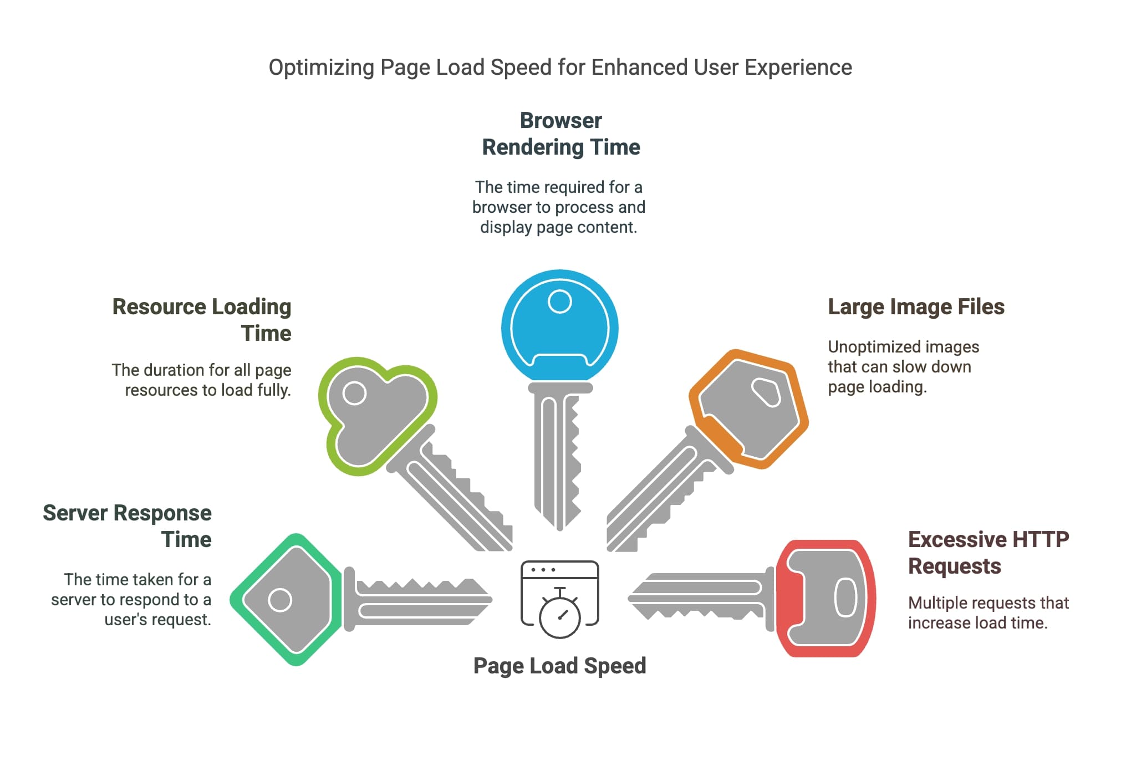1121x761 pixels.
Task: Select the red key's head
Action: point(826,598)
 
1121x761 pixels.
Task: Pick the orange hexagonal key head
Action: point(748,409)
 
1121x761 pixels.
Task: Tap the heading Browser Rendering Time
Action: point(560,134)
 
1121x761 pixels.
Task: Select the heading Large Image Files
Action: point(916,307)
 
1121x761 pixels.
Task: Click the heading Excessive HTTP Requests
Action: point(988,552)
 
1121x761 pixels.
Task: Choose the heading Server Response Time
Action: point(127,525)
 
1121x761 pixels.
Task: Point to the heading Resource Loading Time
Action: point(202,320)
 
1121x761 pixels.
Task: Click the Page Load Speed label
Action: point(559,666)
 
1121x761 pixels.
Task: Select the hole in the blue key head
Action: point(559,302)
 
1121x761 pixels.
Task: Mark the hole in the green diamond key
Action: point(280,600)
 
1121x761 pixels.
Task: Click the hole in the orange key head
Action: point(766,392)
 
